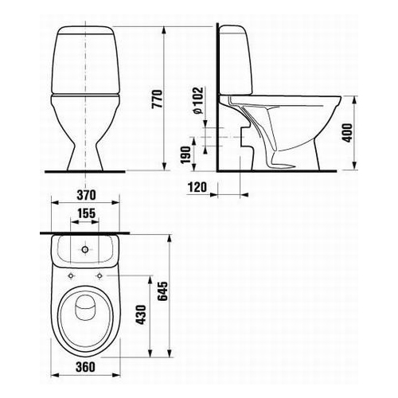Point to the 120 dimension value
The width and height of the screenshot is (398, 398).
tap(200, 188)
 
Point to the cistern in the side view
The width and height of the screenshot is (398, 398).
tap(236, 60)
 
